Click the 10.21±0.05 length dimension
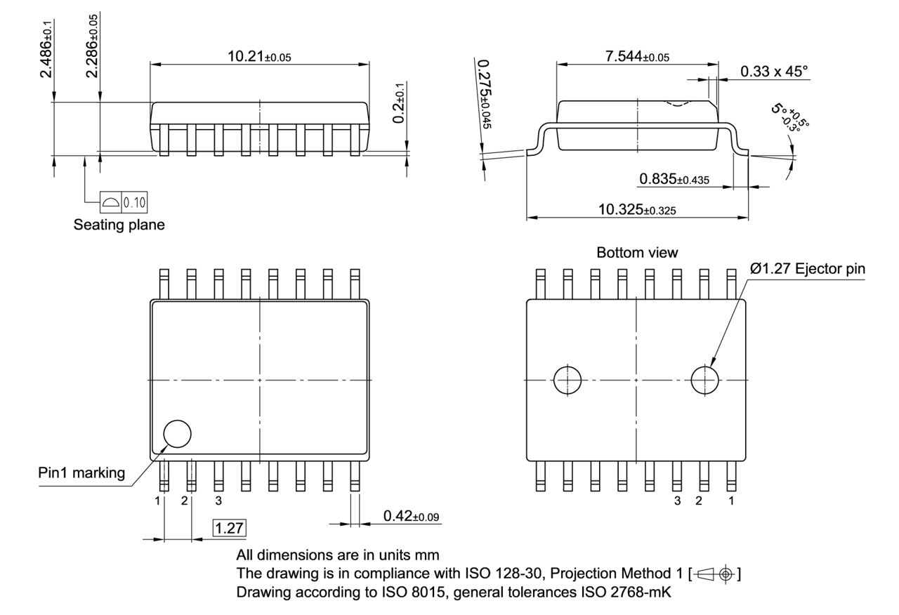pyautogui.click(x=258, y=56)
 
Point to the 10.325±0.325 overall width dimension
pyautogui.click(x=637, y=209)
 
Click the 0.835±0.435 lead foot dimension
pyautogui.click(x=674, y=180)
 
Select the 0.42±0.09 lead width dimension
pyautogui.click(x=411, y=517)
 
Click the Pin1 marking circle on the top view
pyautogui.click(x=177, y=434)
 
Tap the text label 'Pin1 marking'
pyautogui.click(x=81, y=472)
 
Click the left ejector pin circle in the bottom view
pyautogui.click(x=568, y=381)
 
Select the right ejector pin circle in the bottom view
pyautogui.click(x=705, y=381)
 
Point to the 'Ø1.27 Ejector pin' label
pyautogui.click(x=807, y=268)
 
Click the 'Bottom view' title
pyautogui.click(x=637, y=252)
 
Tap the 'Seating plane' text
pyautogui.click(x=119, y=225)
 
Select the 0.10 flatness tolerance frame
pyautogui.click(x=124, y=202)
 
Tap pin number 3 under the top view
pyautogui.click(x=218, y=501)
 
